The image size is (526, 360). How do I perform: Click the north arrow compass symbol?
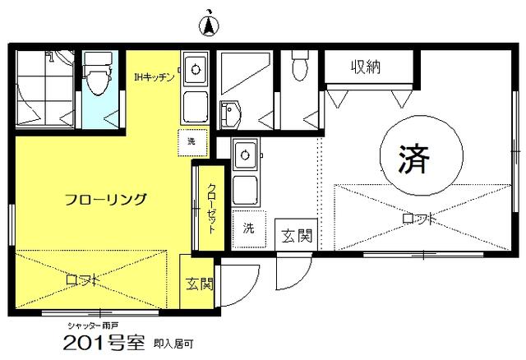click(209, 24)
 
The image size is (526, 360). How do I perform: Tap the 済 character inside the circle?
click(414, 159)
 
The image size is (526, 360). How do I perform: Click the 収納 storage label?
click(366, 67)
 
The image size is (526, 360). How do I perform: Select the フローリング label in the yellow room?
click(106, 200)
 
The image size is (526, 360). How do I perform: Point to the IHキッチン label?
click(155, 78)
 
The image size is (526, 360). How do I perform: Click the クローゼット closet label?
click(211, 208)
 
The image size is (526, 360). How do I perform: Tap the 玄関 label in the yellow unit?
click(200, 284)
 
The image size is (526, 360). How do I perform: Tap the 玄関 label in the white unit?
click(296, 236)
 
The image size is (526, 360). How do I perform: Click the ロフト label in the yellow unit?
click(82, 279)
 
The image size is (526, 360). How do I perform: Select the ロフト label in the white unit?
click(419, 219)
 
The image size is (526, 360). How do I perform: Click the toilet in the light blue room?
click(98, 75)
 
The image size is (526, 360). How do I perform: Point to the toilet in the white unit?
click(299, 66)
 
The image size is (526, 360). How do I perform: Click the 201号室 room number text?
click(104, 343)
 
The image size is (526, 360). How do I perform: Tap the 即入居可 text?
click(173, 344)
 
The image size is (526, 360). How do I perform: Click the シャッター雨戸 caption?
click(92, 325)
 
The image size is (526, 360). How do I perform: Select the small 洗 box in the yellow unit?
click(192, 142)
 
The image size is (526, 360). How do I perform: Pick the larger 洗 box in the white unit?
click(249, 229)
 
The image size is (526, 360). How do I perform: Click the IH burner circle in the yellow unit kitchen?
click(196, 70)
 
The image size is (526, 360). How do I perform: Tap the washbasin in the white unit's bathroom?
click(230, 114)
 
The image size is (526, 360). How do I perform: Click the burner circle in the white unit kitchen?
click(245, 155)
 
